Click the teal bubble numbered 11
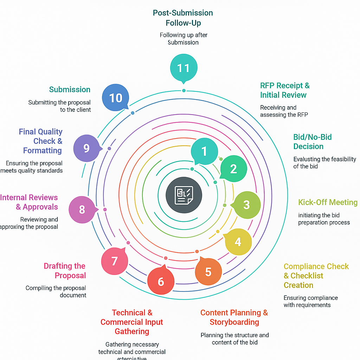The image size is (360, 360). pos(183,68)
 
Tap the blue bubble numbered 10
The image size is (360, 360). pos(116,98)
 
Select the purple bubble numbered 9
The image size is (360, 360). pos(86,148)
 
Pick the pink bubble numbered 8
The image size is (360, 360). pos(82,210)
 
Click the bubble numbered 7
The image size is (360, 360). pos(114,261)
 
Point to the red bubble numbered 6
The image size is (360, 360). pos(161,281)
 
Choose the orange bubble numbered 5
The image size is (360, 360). pos(208,272)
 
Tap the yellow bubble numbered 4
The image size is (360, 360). pos(238,242)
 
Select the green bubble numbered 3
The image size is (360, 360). pos(247,205)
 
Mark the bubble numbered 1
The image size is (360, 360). pos(204,151)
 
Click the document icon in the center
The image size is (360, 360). pos(184,195)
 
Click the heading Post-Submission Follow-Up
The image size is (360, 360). pos(183,18)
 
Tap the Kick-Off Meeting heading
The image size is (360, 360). pos(328,202)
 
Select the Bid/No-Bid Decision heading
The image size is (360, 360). pos(313,142)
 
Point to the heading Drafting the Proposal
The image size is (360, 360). pos(65,271)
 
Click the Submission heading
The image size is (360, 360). pos(70,90)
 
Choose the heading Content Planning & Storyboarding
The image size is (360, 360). pos(234,317)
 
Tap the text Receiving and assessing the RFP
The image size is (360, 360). pos(284,111)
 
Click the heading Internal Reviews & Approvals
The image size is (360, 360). pos(29,202)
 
